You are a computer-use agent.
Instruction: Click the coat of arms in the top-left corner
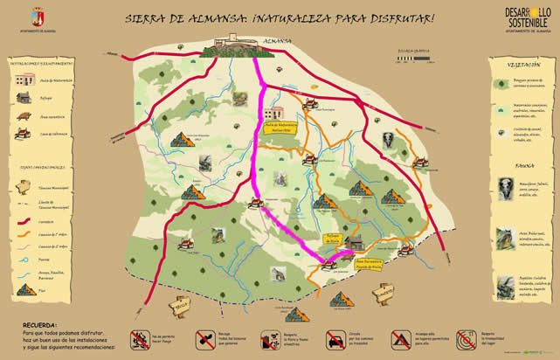coord(37,17)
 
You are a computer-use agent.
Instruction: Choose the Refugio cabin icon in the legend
coord(23,98)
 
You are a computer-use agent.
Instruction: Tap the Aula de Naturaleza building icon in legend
coord(23,80)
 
